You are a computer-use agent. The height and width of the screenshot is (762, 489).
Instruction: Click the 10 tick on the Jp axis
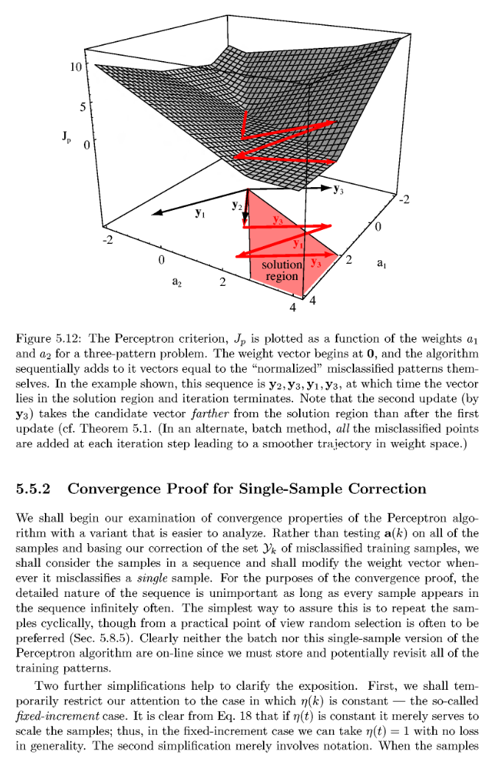(x=76, y=67)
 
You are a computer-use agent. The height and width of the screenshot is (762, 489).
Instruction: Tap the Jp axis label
(x=67, y=137)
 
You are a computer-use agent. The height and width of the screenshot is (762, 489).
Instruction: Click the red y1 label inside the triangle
(x=297, y=242)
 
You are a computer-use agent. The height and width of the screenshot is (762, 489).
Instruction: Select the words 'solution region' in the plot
(x=281, y=270)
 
